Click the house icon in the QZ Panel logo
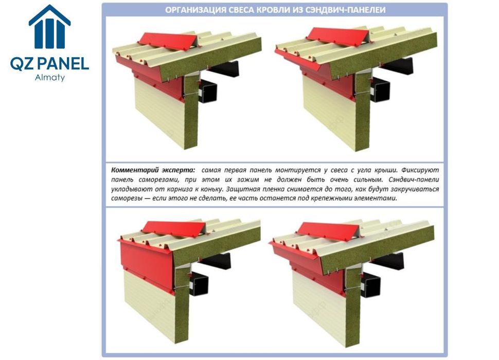(49, 27)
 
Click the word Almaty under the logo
(50, 78)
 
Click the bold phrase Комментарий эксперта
(153, 170)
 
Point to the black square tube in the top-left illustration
(207, 92)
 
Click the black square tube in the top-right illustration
(380, 89)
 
